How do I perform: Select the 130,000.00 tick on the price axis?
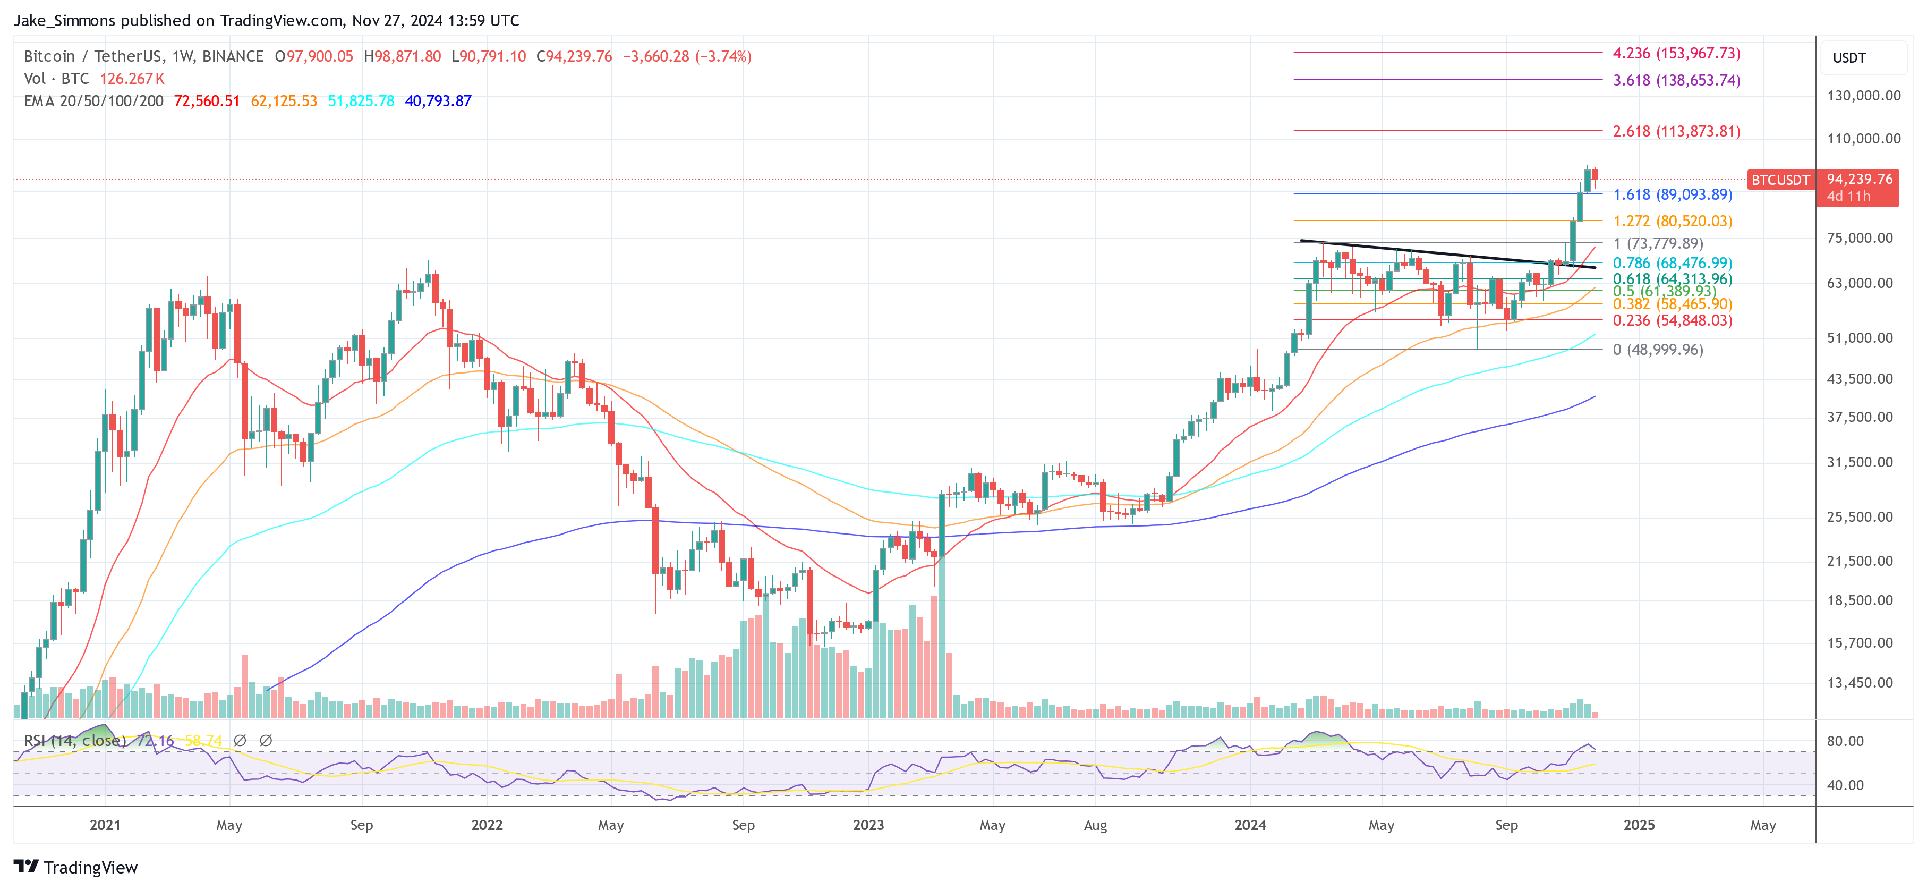pos(1863,96)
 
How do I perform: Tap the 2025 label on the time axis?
pos(1638,825)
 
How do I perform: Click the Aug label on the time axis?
pos(1095,825)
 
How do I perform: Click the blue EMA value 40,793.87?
pos(438,101)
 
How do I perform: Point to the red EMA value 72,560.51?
pos(207,101)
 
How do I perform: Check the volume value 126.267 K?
pos(132,79)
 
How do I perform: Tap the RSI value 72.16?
pos(155,740)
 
